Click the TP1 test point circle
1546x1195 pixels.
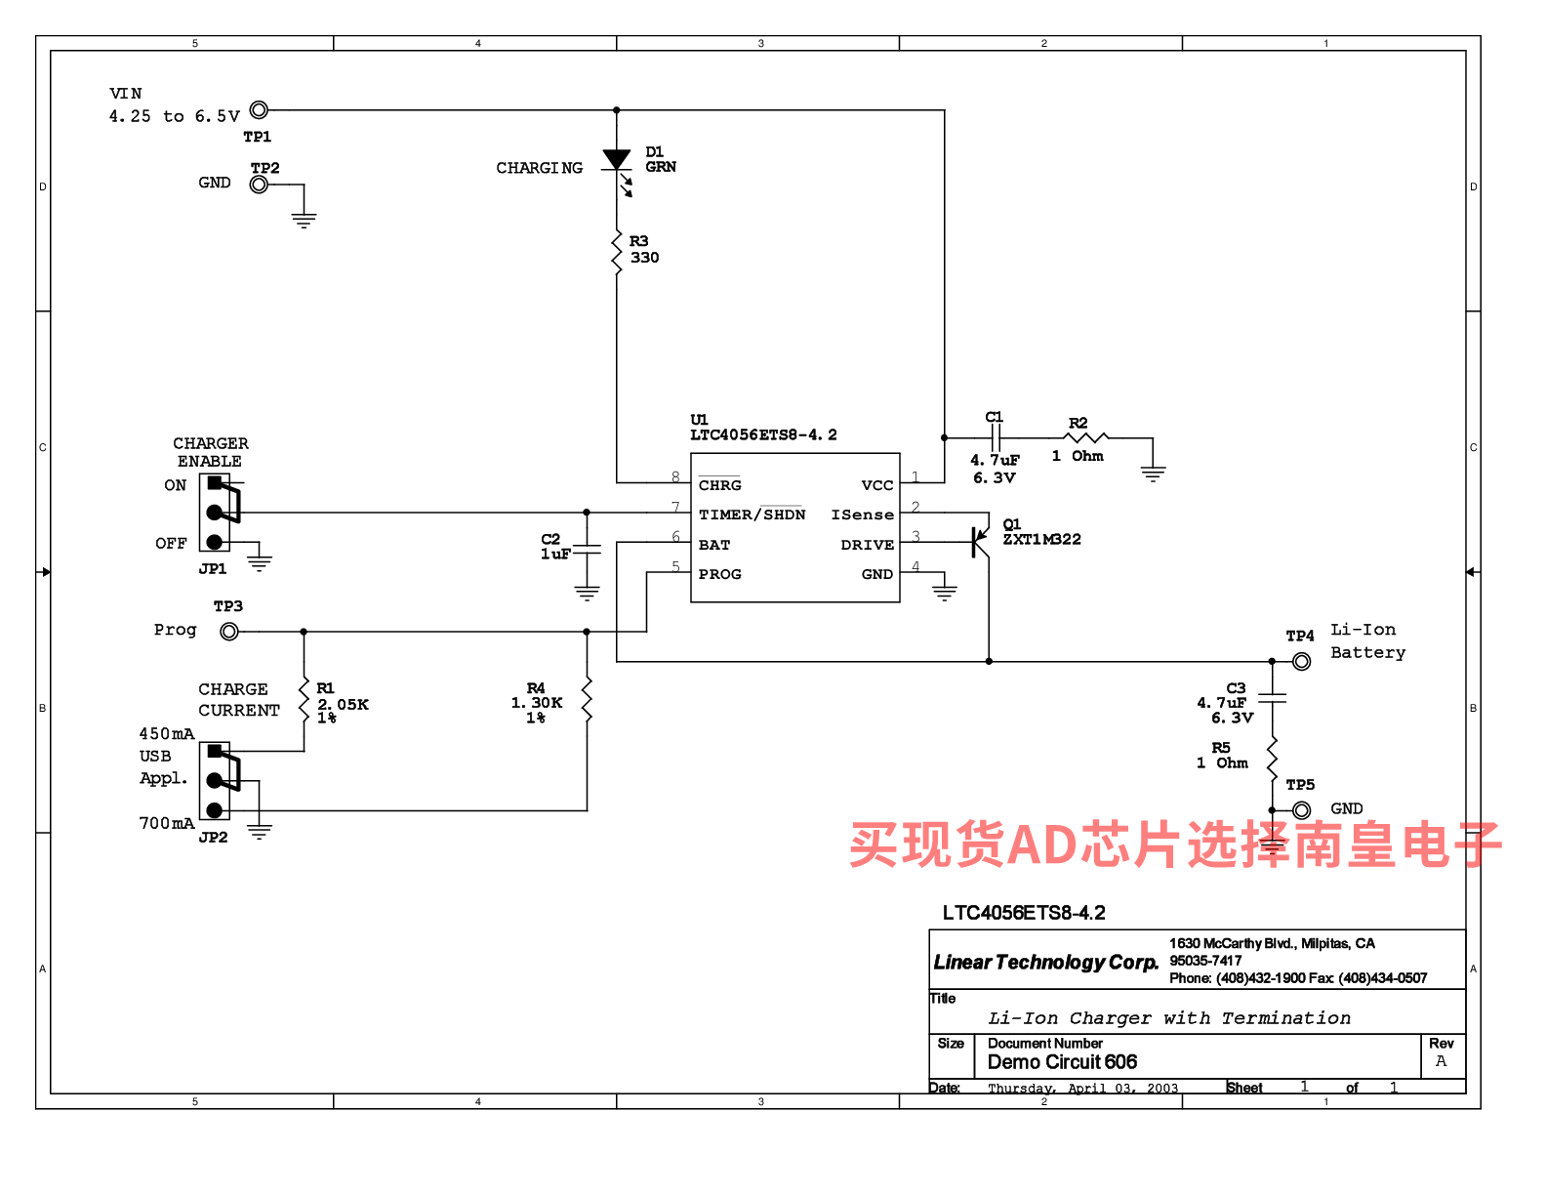pyautogui.click(x=259, y=110)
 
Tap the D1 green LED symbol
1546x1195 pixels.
pyautogui.click(x=617, y=161)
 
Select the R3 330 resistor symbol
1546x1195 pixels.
pyautogui.click(x=617, y=252)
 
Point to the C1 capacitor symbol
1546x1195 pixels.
pyautogui.click(x=995, y=438)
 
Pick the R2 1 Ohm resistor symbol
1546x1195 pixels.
pyautogui.click(x=1087, y=438)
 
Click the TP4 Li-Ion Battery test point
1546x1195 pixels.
pyautogui.click(x=1301, y=661)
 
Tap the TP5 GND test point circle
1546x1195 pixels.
pyautogui.click(x=1301, y=810)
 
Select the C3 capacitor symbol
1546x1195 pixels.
pyautogui.click(x=1272, y=698)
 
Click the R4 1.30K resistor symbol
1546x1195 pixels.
pyautogui.click(x=587, y=700)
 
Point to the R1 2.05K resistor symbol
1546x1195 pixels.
pyautogui.click(x=305, y=700)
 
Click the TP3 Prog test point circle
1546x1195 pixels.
pyautogui.click(x=229, y=632)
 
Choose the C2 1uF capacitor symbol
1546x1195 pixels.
pyautogui.click(x=587, y=551)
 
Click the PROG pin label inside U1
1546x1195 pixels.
pyautogui.click(x=720, y=574)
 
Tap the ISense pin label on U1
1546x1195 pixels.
pyautogui.click(x=862, y=515)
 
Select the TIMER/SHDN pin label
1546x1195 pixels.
pyautogui.click(x=752, y=515)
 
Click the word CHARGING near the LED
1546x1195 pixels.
pyautogui.click(x=539, y=168)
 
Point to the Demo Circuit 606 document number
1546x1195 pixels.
pyautogui.click(x=1062, y=1062)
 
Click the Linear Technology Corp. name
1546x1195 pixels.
pyautogui.click(x=1045, y=963)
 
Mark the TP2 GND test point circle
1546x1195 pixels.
pyautogui.click(x=259, y=185)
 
